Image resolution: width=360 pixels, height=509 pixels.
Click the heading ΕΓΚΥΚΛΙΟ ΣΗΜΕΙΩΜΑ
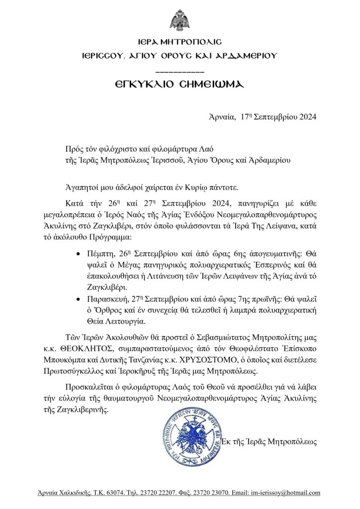[180, 85]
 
